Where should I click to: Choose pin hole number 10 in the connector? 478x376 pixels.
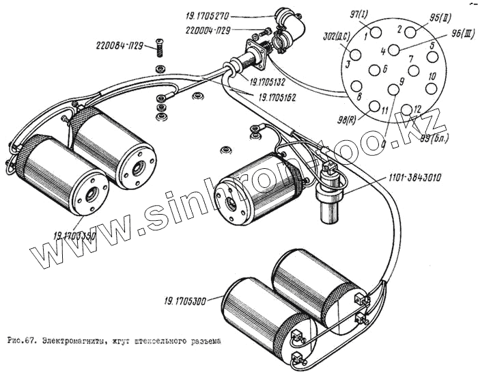431,88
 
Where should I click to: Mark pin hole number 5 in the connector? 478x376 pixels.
430,57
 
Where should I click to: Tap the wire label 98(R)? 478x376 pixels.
346,120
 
